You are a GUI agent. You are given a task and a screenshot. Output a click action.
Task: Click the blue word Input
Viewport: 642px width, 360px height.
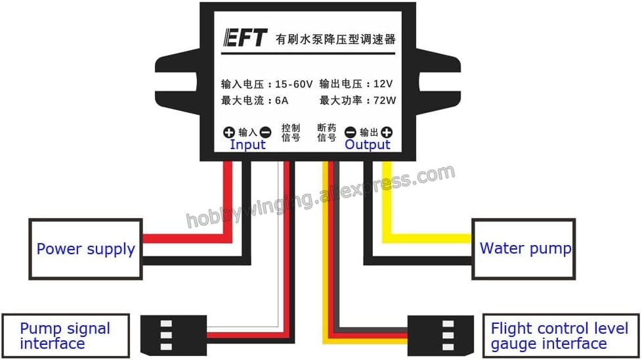click(247, 145)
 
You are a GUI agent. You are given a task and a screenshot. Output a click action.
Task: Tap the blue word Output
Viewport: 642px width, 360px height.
click(368, 145)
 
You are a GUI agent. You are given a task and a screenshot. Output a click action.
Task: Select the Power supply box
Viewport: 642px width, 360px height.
click(85, 249)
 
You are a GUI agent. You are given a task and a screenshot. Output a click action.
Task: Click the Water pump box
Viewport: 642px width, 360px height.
click(524, 248)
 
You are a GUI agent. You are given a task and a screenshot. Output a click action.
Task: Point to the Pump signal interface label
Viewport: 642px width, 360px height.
click(64, 336)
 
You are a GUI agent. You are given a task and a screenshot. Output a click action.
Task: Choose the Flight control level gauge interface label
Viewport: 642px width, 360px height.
click(559, 336)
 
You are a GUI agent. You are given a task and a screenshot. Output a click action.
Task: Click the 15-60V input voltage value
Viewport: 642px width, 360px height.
click(293, 84)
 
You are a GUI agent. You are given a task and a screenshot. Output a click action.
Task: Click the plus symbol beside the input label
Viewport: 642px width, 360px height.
click(228, 132)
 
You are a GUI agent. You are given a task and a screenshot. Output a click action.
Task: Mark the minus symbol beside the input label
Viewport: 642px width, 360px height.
click(265, 132)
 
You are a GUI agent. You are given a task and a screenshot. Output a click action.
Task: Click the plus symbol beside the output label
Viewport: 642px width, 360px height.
click(387, 132)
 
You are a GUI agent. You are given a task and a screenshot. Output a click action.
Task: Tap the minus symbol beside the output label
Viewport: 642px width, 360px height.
click(351, 132)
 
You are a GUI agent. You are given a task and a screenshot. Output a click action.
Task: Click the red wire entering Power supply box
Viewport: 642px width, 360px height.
click(184, 238)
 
